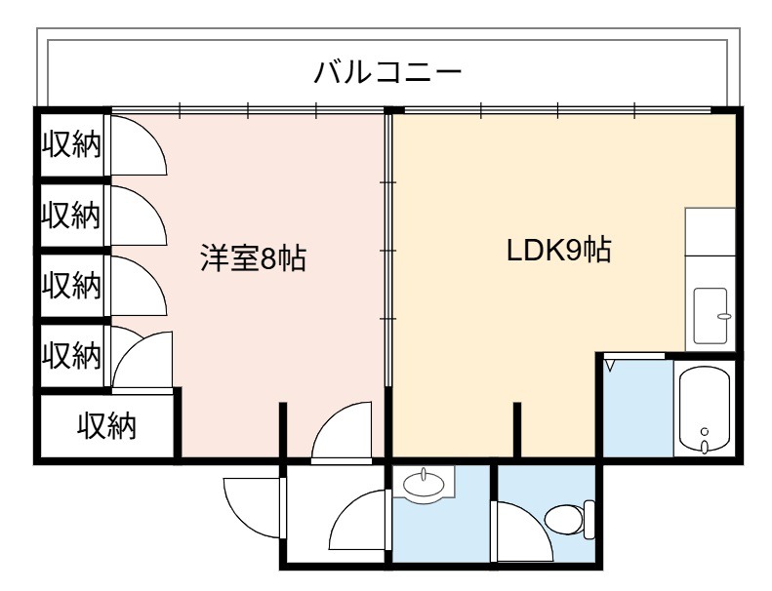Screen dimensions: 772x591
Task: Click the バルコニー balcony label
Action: (388, 72)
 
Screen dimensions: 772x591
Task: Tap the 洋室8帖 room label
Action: (253, 257)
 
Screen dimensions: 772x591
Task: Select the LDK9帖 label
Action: (559, 250)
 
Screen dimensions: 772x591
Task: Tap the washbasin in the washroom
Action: (424, 483)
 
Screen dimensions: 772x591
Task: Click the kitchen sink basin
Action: (711, 315)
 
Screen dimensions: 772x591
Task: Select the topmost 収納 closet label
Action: (71, 144)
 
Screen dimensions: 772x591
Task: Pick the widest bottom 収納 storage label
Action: (106, 426)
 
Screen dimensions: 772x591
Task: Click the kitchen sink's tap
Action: (724, 316)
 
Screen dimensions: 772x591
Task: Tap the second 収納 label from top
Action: (71, 215)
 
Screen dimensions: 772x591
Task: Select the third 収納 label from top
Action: (71, 285)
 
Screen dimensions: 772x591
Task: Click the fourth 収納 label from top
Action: (71, 355)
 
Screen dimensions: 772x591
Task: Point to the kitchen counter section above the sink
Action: (710, 231)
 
